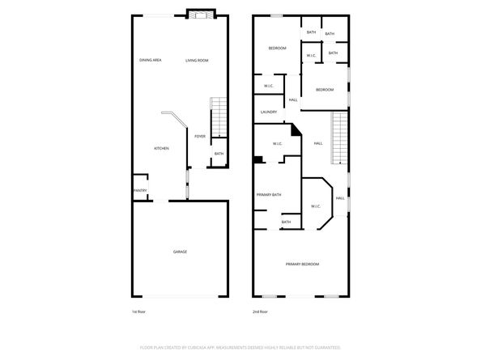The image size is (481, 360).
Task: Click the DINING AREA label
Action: tap(151, 61)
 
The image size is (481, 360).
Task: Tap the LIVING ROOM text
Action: tap(197, 61)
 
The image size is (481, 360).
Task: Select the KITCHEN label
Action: tap(162, 148)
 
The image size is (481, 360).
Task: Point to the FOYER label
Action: tap(199, 137)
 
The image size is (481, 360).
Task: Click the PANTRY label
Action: tap(139, 191)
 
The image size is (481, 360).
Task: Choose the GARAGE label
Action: tap(180, 252)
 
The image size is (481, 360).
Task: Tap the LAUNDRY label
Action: tap(269, 112)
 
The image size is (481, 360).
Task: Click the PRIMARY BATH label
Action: tap(269, 195)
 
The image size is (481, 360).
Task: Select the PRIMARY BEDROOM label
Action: tap(301, 265)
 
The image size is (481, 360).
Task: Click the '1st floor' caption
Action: tap(138, 311)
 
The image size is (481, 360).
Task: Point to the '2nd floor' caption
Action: tap(259, 311)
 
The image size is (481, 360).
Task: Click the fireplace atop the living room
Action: tap(199, 15)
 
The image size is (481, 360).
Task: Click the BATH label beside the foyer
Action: tap(219, 154)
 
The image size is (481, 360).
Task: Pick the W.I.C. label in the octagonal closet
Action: tap(316, 206)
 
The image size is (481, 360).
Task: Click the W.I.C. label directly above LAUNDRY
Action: tap(269, 86)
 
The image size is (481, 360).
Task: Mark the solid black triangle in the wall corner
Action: tap(296, 129)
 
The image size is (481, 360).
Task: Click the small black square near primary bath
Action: tap(258, 159)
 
